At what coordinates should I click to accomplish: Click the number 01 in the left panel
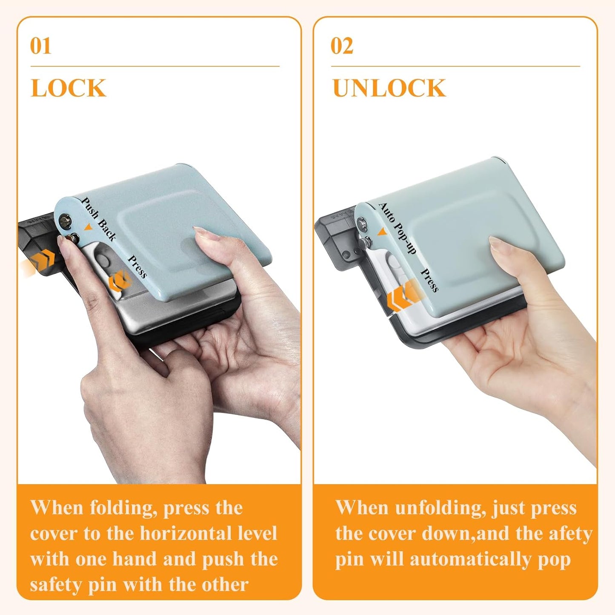point(40,46)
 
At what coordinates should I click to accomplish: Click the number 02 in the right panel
point(342,46)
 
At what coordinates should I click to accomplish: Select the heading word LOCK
point(68,88)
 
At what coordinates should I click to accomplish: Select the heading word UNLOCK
point(389,88)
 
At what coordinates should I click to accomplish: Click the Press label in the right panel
point(429,280)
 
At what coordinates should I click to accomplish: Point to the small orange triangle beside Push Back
point(88,228)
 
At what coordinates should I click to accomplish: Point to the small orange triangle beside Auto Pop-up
point(382,232)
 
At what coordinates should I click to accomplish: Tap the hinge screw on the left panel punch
point(66,220)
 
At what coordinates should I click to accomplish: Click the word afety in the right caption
point(571,533)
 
